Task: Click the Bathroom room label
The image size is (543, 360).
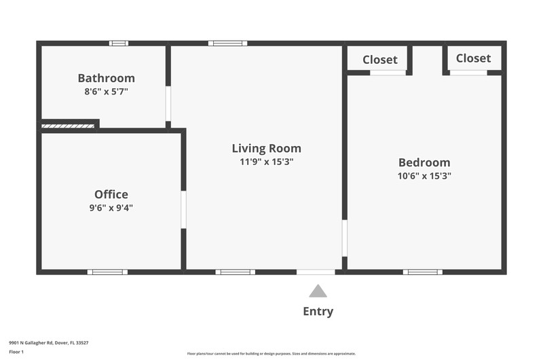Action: coord(107,78)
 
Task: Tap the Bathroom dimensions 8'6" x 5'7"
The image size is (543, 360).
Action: coord(107,92)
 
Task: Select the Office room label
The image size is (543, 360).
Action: coord(111,194)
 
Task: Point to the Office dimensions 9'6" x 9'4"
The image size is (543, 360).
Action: coord(111,208)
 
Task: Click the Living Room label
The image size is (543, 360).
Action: coord(267,148)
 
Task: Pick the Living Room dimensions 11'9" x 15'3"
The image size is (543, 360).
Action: coord(267,162)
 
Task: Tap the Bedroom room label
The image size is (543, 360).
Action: coord(425,162)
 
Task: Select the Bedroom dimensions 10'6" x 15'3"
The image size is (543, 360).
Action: coord(425,176)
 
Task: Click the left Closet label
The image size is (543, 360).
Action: coord(380,60)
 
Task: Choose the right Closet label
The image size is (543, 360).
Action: coord(473,58)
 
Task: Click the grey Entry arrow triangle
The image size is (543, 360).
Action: coord(318,291)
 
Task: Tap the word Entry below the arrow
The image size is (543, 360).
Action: coord(318,311)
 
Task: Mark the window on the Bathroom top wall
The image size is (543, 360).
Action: coord(119,43)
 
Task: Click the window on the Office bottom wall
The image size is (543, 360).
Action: coord(107,272)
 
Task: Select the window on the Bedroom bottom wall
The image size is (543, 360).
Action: coord(422,272)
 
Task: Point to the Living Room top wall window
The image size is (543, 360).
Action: coord(227,43)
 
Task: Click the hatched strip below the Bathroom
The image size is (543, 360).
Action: coord(68,126)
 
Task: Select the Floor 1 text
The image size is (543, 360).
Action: coord(16,352)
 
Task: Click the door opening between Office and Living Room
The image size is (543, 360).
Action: coord(183,210)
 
